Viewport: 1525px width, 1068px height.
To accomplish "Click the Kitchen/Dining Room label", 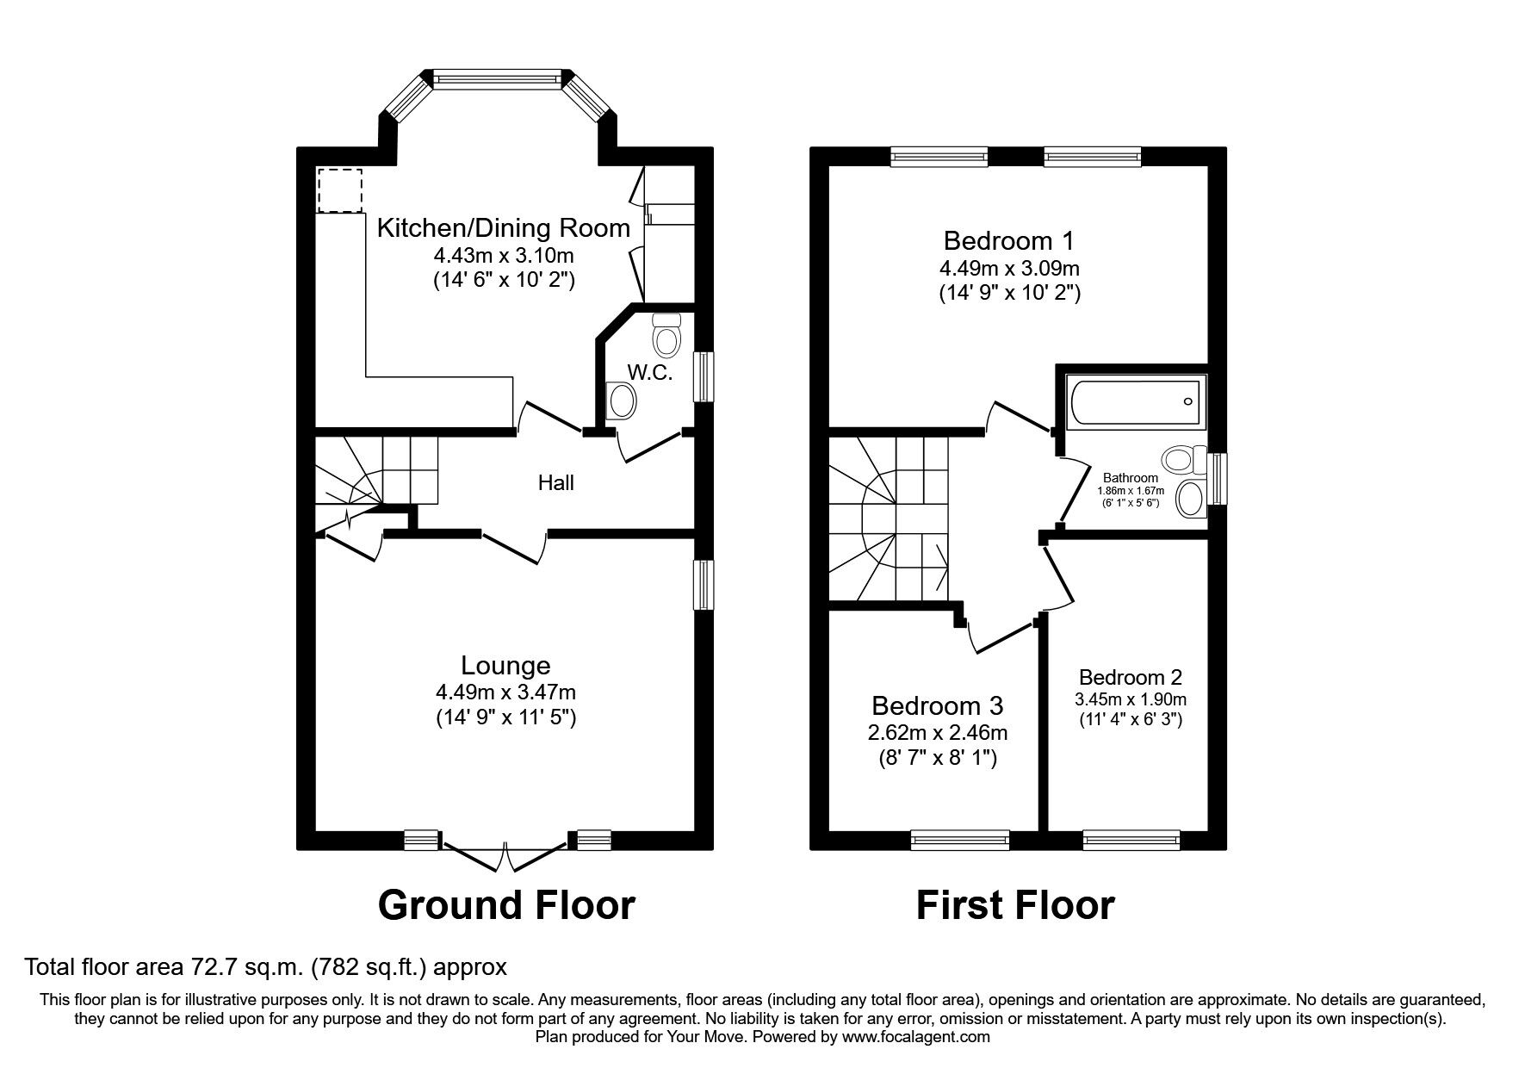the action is [x=504, y=228].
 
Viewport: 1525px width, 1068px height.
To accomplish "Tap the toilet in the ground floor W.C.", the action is [x=666, y=334].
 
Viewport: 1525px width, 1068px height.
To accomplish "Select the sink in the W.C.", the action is [x=621, y=401].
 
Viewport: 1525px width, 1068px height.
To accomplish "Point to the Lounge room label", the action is [x=505, y=665].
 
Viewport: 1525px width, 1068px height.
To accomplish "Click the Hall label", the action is [x=555, y=482].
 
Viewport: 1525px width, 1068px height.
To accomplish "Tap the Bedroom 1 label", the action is [x=1009, y=239].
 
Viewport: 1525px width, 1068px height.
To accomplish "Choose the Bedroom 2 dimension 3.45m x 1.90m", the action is [x=1130, y=699].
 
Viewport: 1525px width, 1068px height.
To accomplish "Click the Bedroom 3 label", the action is [x=937, y=705].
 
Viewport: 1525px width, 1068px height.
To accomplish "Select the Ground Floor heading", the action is [x=506, y=904].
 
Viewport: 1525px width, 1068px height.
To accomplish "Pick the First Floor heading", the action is [x=1015, y=904].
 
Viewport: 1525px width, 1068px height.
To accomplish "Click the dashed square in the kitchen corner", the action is [x=340, y=190].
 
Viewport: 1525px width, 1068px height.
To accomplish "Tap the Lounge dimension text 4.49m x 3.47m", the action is [x=505, y=692].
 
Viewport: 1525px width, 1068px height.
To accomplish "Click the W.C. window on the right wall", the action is [x=704, y=376].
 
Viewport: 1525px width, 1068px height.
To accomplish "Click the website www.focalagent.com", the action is [x=916, y=1037].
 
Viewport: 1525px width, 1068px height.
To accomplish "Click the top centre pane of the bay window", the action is [x=498, y=79].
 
